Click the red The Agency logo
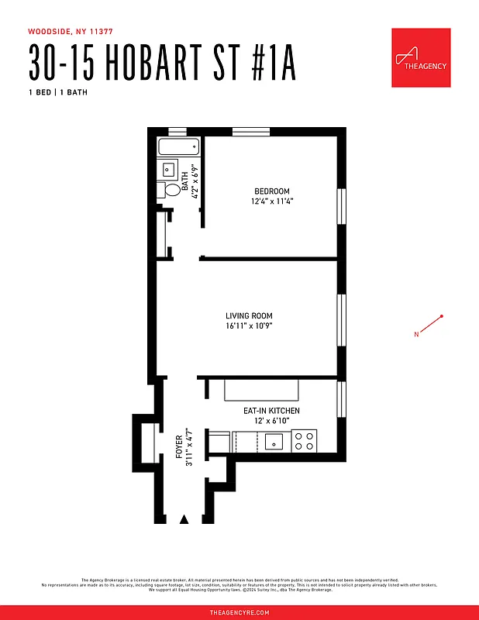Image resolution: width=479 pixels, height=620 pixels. [421, 58]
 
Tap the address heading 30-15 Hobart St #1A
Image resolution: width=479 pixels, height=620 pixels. [163, 63]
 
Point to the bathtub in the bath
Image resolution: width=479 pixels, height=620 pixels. [178, 147]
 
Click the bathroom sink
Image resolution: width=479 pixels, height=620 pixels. [168, 170]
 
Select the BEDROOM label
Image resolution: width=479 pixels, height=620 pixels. [271, 191]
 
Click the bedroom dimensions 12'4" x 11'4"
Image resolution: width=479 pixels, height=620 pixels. [271, 201]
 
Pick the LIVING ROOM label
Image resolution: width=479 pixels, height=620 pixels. [249, 316]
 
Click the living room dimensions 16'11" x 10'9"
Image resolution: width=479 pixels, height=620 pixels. [249, 326]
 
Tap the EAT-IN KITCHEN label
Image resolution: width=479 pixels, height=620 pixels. [271, 411]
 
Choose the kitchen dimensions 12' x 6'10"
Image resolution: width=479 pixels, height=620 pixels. [271, 421]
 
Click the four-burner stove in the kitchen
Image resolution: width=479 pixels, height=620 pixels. [305, 441]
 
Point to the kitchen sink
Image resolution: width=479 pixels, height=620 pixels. [273, 442]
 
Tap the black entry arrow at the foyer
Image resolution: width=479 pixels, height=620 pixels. [184, 519]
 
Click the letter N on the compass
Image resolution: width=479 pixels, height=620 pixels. [416, 335]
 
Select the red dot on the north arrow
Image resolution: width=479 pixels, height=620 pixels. [442, 316]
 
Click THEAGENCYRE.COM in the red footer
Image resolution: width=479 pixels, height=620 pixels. [239, 612]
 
